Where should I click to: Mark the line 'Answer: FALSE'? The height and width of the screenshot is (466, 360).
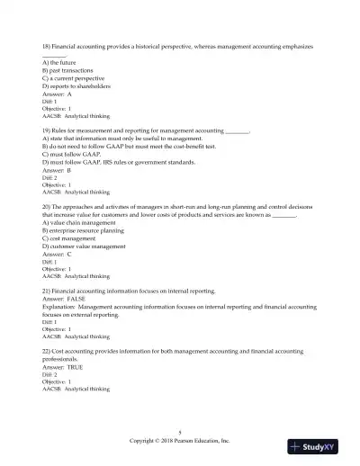click(69, 300)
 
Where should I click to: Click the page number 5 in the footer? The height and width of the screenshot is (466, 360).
click(180, 434)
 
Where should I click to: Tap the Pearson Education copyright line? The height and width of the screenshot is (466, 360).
click(180, 442)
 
